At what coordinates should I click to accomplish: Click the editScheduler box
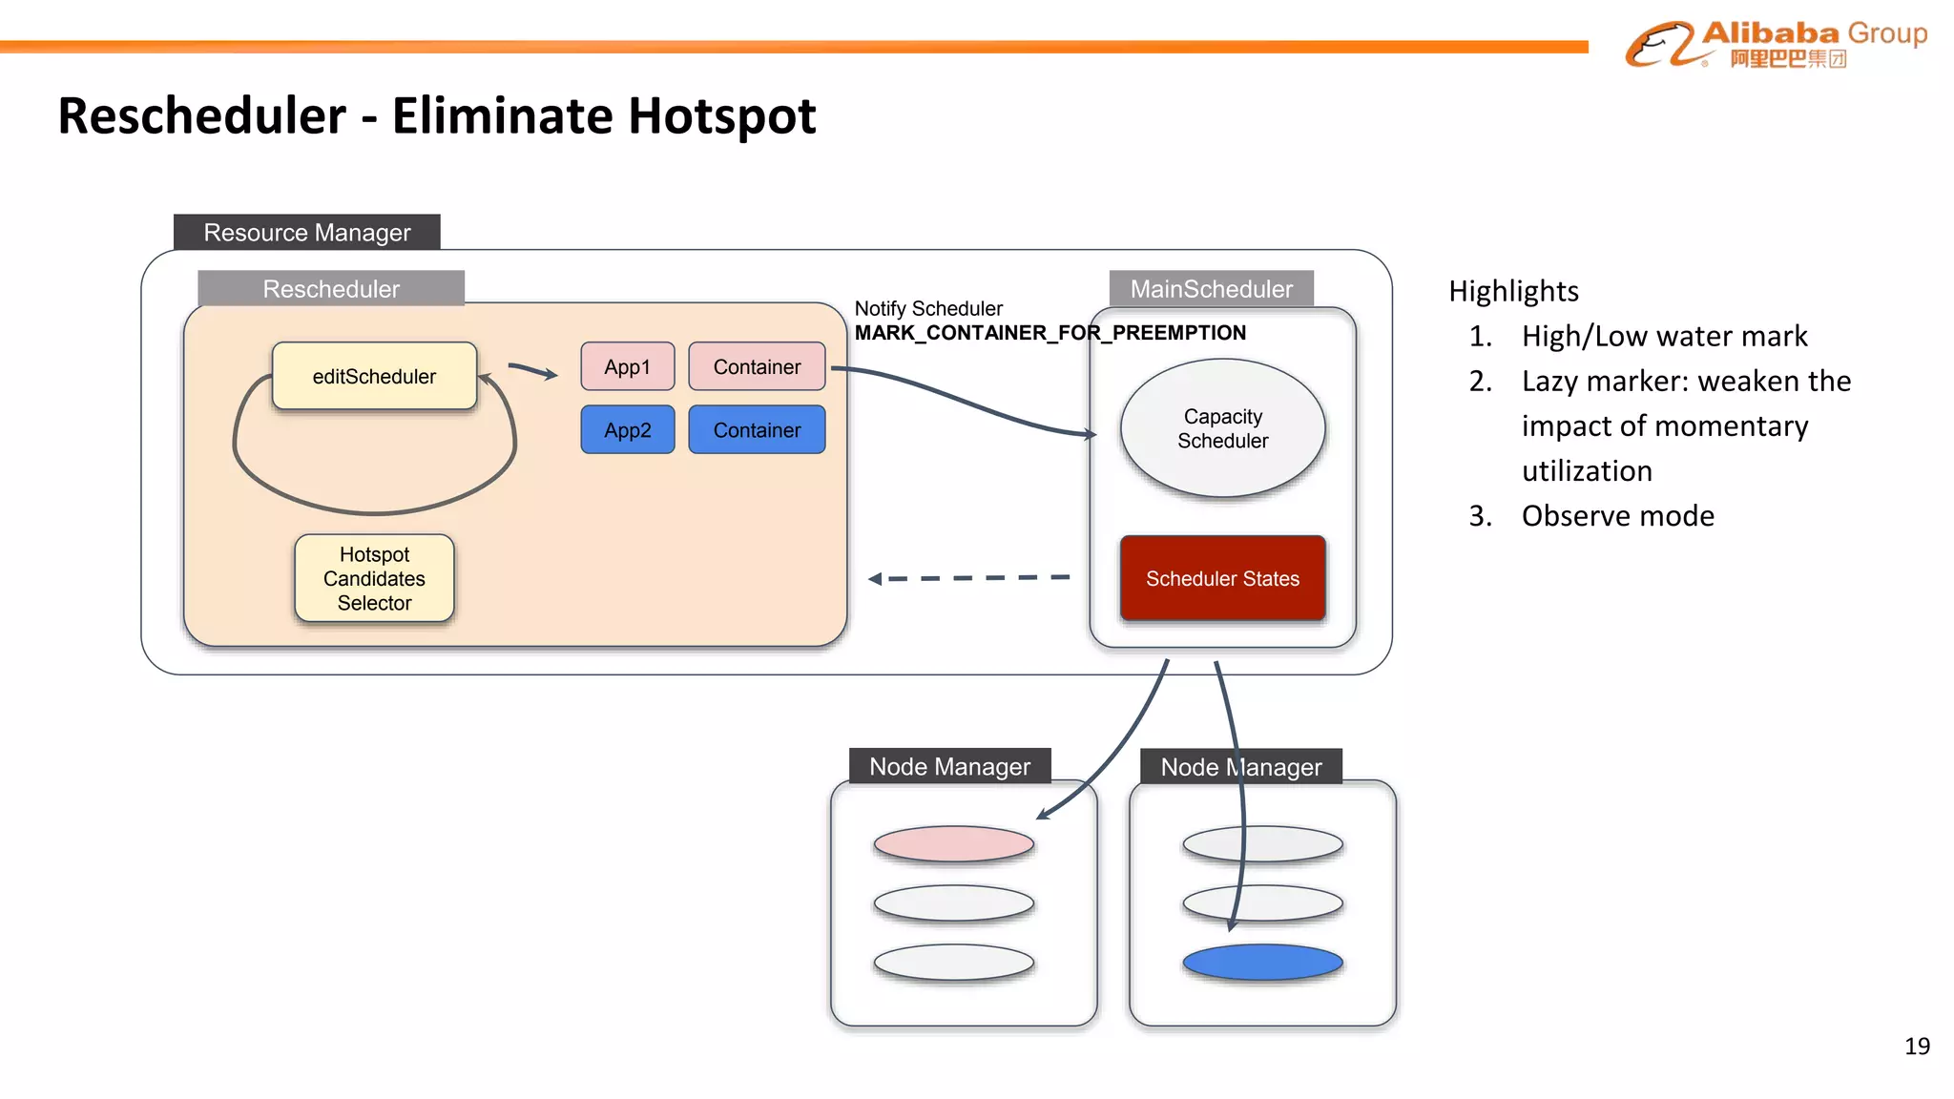[374, 376]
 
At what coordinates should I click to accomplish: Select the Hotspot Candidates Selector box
[374, 578]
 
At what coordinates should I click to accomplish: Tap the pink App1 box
[627, 366]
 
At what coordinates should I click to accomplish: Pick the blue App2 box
[627, 429]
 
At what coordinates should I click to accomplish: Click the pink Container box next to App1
[757, 366]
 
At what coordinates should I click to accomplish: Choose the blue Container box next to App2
[757, 429]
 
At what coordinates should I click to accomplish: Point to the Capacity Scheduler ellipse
[1222, 428]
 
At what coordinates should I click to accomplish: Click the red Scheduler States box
[1222, 578]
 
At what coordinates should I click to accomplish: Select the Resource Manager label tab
[306, 232]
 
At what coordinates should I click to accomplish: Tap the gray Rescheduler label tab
[331, 288]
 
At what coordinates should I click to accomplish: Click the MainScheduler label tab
[1211, 288]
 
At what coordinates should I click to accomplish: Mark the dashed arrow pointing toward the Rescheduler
[968, 578]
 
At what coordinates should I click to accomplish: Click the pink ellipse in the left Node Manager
[953, 843]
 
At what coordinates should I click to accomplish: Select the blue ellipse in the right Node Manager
[1262, 962]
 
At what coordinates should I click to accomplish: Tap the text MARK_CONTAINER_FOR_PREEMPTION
[1050, 333]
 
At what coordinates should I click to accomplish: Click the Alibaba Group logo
[1776, 44]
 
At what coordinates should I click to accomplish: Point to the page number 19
[1916, 1047]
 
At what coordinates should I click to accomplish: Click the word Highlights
[1513, 291]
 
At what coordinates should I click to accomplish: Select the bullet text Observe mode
[1617, 516]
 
